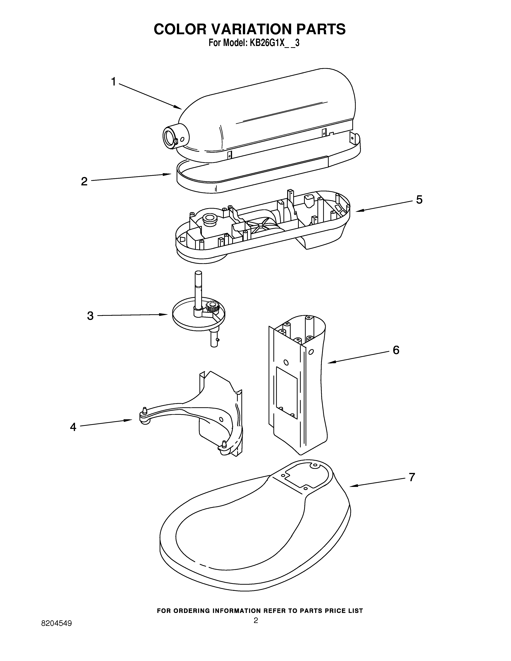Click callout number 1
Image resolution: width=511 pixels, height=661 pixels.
[x=113, y=82]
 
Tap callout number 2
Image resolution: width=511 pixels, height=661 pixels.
[x=84, y=181]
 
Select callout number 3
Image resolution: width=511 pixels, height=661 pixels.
[x=90, y=316]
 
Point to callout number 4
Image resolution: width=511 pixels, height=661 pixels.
[x=73, y=427]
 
